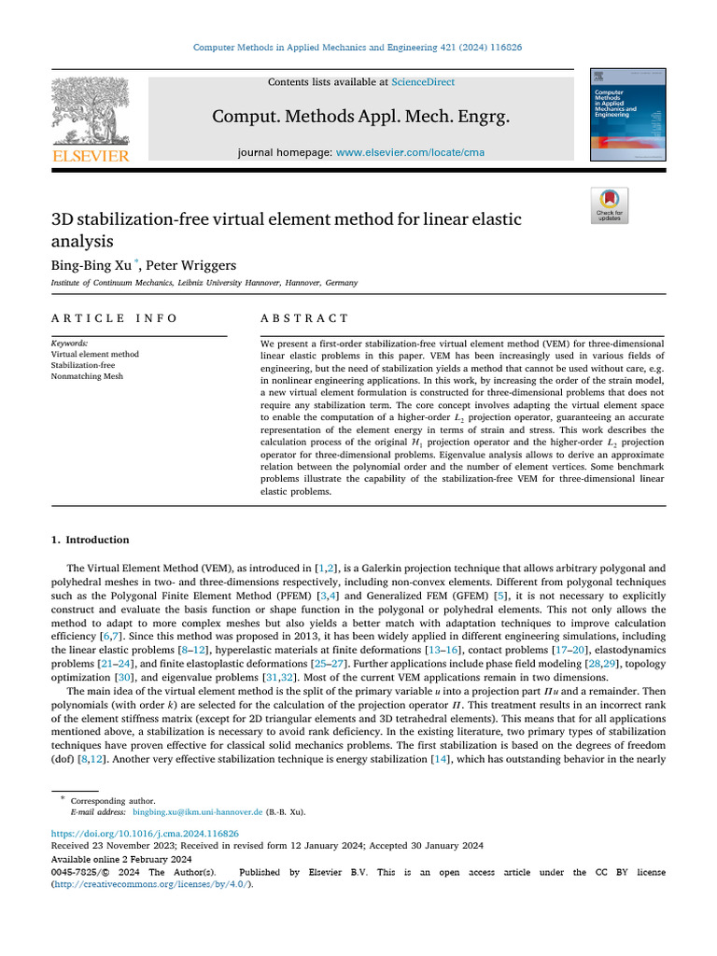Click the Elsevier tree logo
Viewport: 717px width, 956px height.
90,111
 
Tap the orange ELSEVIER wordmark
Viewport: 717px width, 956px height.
91,156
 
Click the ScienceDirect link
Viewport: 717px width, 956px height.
423,82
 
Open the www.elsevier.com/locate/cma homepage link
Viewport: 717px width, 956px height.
410,152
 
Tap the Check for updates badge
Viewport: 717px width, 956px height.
610,205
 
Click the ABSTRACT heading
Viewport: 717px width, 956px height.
304,318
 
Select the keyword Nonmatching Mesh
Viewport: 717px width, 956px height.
87,376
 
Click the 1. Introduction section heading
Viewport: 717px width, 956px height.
90,540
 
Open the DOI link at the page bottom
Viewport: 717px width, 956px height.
145,833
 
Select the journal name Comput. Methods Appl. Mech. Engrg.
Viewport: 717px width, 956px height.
360,117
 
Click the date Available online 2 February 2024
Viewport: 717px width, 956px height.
121,859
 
